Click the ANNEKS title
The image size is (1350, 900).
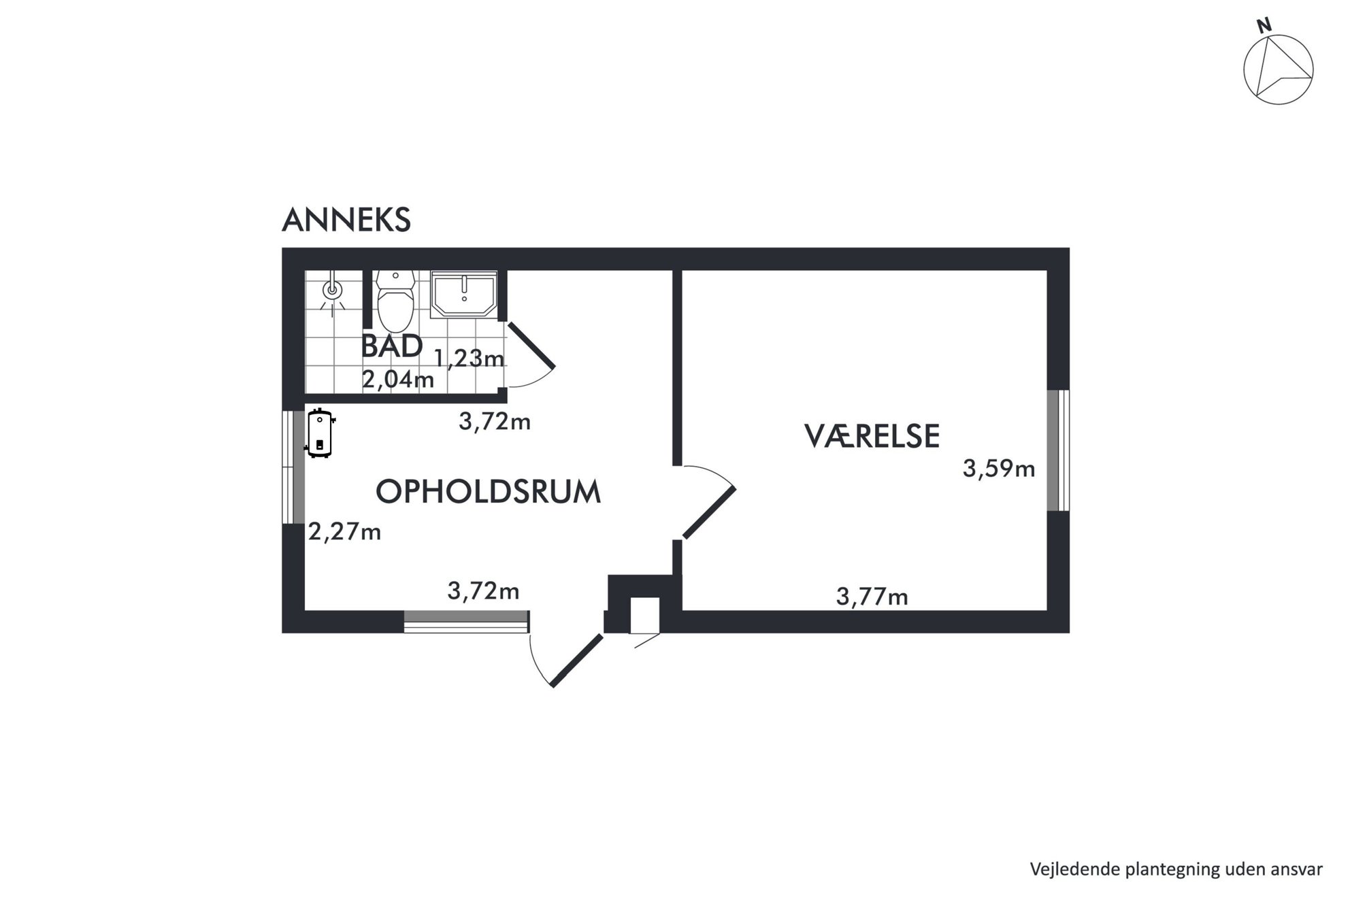click(x=346, y=220)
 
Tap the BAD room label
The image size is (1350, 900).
click(x=391, y=346)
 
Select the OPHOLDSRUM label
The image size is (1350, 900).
click(x=488, y=491)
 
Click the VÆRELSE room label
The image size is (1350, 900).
click(x=872, y=436)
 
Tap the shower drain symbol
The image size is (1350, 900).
click(x=332, y=289)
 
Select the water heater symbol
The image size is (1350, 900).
click(x=319, y=433)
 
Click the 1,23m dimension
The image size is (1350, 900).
click(x=469, y=357)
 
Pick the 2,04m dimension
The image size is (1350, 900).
click(x=397, y=380)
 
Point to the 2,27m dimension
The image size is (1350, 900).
click(x=344, y=531)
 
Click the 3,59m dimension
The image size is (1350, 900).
click(x=998, y=469)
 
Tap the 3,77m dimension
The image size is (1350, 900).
click(x=872, y=597)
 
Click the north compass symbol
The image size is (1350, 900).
click(x=1278, y=70)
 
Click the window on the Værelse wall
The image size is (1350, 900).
click(x=1057, y=450)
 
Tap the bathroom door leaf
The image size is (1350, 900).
click(x=531, y=345)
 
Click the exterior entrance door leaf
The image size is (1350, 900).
click(x=576, y=661)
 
